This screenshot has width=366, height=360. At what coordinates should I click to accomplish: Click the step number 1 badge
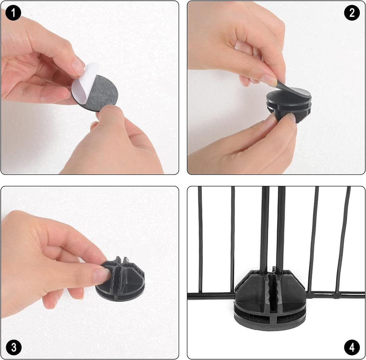tap(13, 13)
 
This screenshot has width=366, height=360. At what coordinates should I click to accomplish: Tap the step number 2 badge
tap(352, 13)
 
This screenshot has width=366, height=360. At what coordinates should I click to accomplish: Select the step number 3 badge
tap(14, 347)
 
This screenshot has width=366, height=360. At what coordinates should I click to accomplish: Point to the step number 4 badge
tap(352, 347)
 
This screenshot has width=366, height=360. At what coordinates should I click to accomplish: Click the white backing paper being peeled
tap(82, 82)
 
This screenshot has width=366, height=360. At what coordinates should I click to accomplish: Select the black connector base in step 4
tap(270, 301)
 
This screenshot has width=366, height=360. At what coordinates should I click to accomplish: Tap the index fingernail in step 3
tap(102, 276)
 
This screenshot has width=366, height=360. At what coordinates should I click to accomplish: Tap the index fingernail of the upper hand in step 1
tap(78, 64)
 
